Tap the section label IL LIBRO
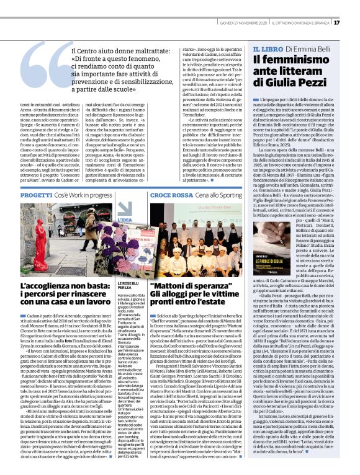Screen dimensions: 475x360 268,48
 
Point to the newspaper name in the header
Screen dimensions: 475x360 296,23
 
